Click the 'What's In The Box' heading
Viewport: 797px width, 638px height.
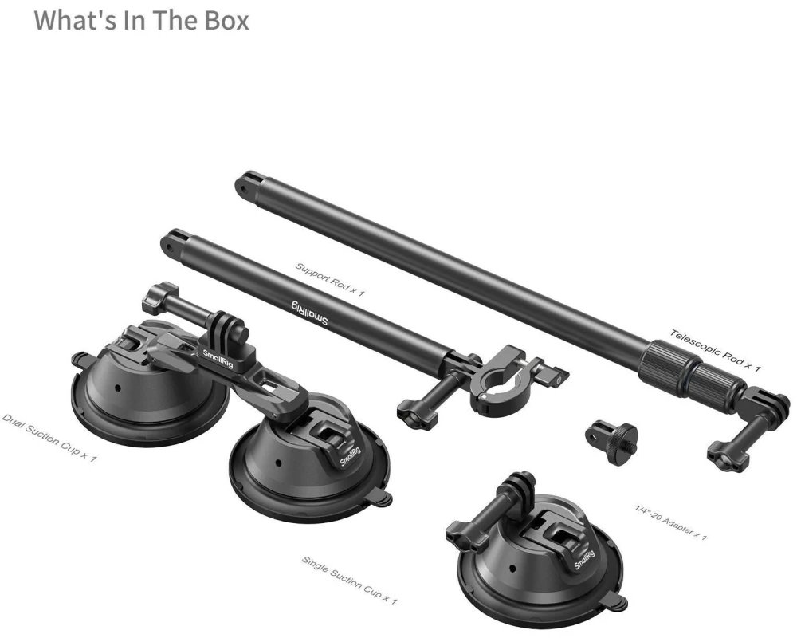(141, 21)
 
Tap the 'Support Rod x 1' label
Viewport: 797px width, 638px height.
(330, 279)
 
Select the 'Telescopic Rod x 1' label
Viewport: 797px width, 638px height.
(715, 350)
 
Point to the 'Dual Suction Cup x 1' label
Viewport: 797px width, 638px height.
(49, 438)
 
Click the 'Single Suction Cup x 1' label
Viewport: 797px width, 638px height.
(350, 580)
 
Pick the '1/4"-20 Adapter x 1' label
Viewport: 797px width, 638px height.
(670, 522)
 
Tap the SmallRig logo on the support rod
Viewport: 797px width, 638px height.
(309, 313)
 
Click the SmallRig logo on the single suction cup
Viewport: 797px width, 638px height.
(585, 560)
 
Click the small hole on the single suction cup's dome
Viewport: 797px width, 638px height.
(512, 569)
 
